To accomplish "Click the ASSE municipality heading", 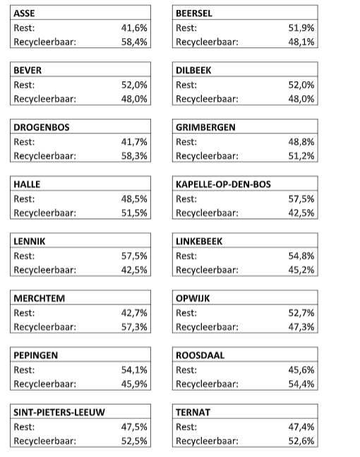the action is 24,13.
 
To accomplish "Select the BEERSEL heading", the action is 194,13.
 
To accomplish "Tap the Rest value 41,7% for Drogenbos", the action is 134,142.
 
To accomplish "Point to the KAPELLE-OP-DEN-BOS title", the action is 222,184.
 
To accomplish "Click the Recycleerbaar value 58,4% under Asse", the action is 134,42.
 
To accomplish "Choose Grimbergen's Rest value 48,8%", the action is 301,142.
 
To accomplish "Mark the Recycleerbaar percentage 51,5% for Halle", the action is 134,213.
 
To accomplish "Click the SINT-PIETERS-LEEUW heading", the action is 59,413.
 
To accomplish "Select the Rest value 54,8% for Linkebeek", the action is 301,256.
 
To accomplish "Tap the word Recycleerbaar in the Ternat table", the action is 207,441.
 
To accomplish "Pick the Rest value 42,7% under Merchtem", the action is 134,313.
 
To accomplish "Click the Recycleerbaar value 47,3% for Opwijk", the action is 301,327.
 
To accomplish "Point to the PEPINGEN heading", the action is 36,355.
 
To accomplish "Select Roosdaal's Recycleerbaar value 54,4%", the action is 301,384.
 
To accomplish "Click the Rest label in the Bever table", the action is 25,85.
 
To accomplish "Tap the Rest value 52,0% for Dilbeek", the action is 301,85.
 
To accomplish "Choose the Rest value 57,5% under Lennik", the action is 134,256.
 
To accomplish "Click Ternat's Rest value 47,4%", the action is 301,427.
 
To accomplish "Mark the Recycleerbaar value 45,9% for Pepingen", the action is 134,384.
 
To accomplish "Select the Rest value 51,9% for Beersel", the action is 301,28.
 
